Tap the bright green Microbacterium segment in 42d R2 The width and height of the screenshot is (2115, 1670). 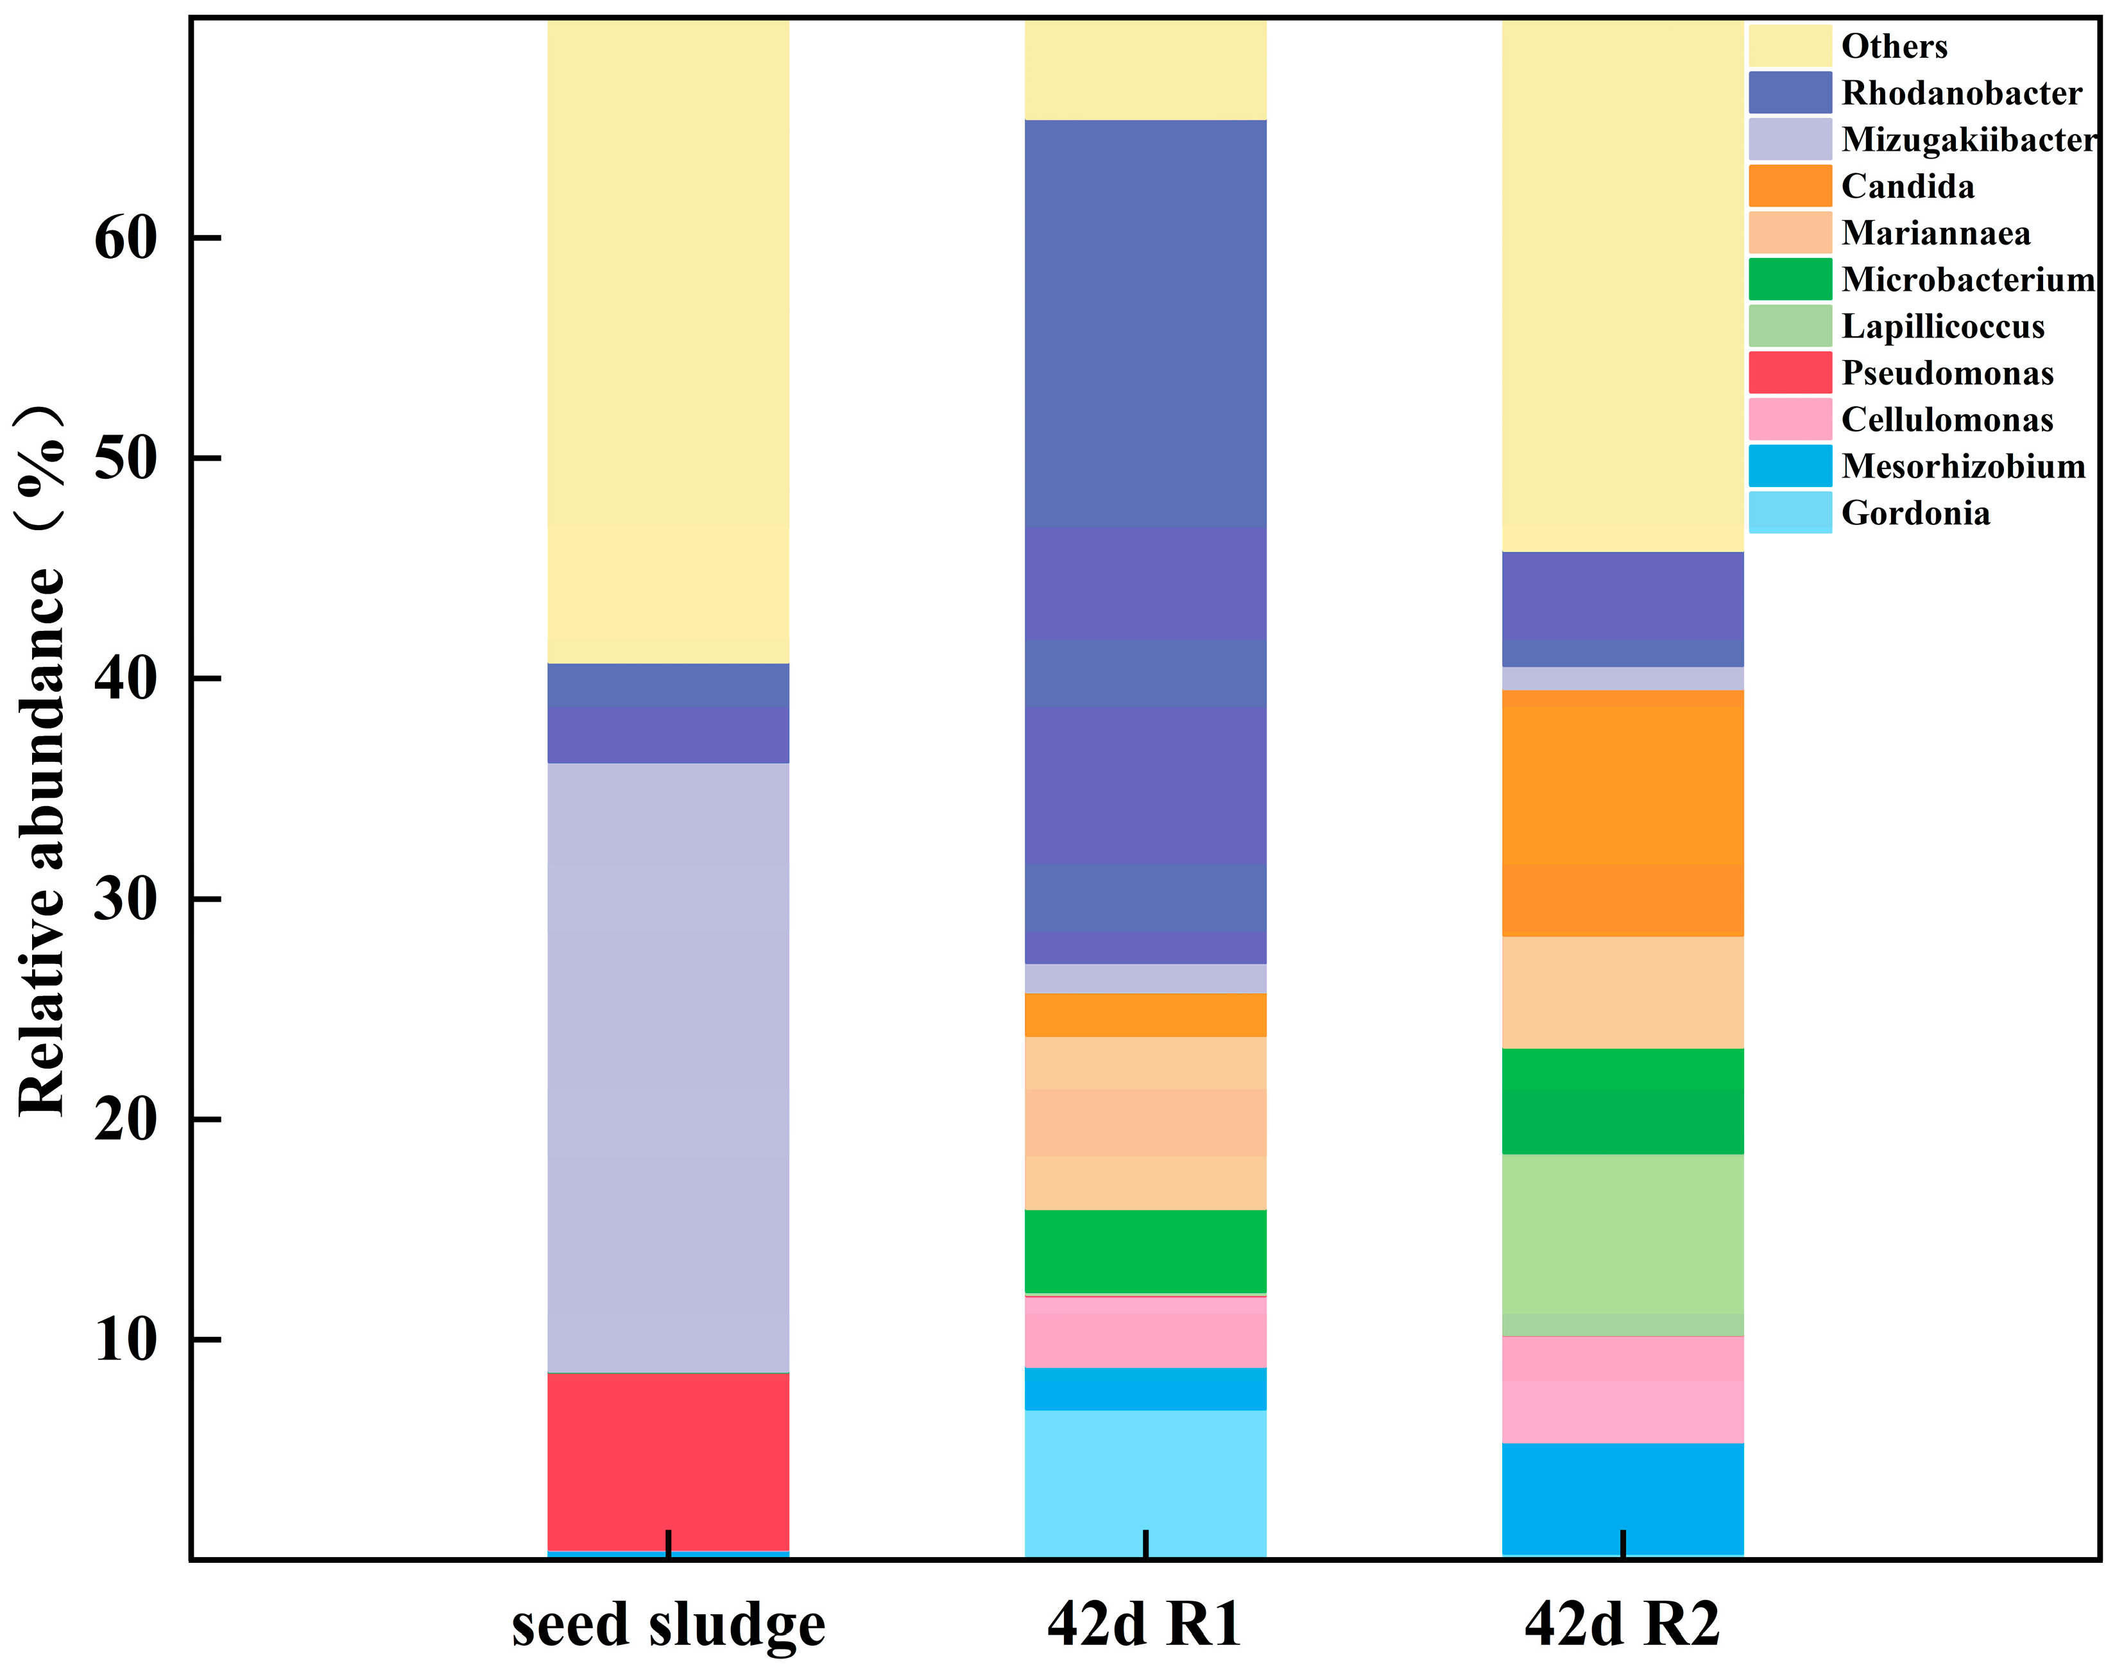point(1622,1101)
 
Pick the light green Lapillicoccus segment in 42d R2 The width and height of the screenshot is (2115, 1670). point(1622,1244)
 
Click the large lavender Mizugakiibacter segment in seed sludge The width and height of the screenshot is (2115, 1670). point(667,1066)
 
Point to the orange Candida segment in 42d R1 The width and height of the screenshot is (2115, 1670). point(1145,1014)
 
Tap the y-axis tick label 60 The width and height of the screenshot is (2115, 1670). point(125,237)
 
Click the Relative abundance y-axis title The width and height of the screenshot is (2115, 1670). point(41,762)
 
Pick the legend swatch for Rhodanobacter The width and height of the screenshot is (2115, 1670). point(1790,93)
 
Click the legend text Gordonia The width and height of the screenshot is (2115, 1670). point(1915,513)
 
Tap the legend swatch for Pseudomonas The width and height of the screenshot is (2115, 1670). point(1790,372)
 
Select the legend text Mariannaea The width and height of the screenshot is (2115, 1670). point(1935,233)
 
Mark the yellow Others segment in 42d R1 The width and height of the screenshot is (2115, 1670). point(1145,69)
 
